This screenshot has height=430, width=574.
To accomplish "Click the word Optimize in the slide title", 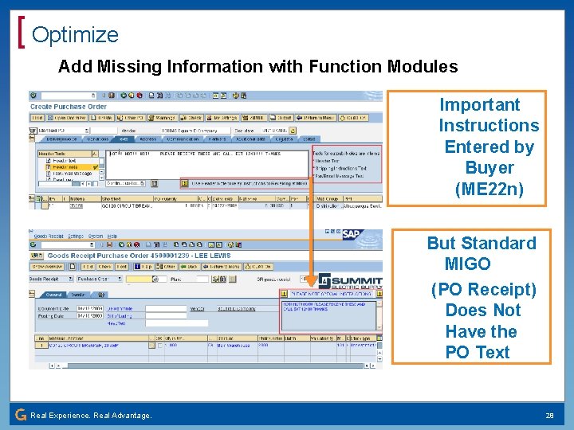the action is click(75, 34).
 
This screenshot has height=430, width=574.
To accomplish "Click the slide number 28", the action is click(549, 415).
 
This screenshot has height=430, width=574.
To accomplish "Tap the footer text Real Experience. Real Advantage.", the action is click(91, 415).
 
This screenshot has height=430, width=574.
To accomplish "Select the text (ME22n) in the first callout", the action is click(489, 190).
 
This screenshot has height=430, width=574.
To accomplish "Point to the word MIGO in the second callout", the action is click(467, 264).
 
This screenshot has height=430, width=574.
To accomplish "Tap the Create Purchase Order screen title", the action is click(69, 107).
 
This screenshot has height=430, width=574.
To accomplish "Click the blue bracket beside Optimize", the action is click(22, 34).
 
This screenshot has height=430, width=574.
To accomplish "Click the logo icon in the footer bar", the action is click(20, 415).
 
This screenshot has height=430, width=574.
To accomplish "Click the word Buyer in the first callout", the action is click(489, 168).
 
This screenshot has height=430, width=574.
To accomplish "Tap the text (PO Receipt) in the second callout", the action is click(484, 290).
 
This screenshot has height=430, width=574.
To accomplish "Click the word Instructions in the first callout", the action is click(489, 126).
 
